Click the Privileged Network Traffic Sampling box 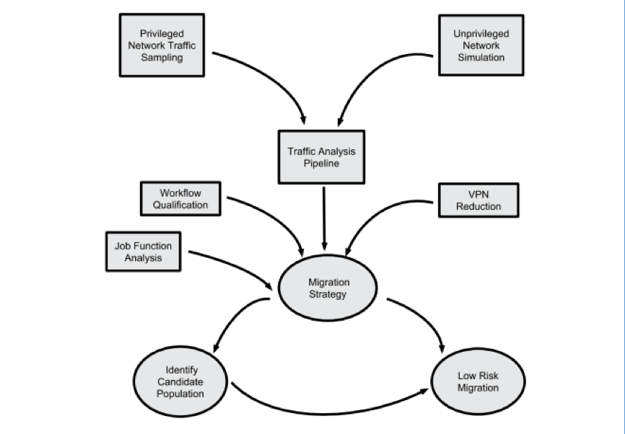coord(162,45)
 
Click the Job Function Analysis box coord(143,251)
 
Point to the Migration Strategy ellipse coord(327,288)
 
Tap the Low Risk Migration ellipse coord(477,382)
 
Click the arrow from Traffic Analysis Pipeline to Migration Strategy coord(324,216)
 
